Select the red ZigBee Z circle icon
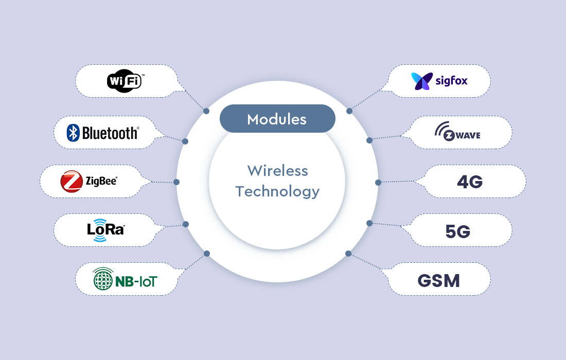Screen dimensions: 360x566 pos(72,182)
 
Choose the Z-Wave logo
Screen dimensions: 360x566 pos(457,132)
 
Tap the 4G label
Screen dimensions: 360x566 pos(470,182)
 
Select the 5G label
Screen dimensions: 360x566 pos(457,231)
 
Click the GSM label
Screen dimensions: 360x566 pos(438,281)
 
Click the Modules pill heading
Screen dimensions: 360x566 pos(277,119)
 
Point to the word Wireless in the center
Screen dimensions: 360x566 pos(277,171)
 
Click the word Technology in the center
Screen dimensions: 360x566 pos(277,192)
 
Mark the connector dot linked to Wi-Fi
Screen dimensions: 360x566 pos(206,111)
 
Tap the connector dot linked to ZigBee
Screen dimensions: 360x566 pos(176,182)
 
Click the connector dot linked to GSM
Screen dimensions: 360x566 pos(348,254)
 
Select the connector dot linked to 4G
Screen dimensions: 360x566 pos(378,182)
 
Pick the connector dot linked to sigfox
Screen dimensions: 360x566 pos(349,111)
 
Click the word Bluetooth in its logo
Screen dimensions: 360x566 pos(110,133)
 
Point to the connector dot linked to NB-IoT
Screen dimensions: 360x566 pos(207,253)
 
